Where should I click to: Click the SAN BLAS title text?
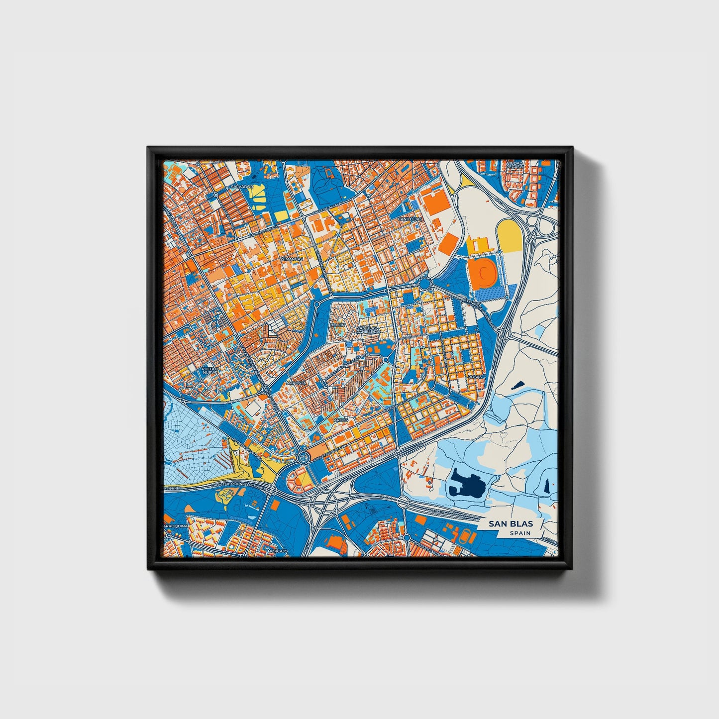(510, 523)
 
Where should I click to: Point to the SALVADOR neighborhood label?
(242, 187)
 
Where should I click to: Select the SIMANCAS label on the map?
(292, 260)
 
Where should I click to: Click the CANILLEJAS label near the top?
(410, 218)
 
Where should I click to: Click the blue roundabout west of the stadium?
(424, 284)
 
